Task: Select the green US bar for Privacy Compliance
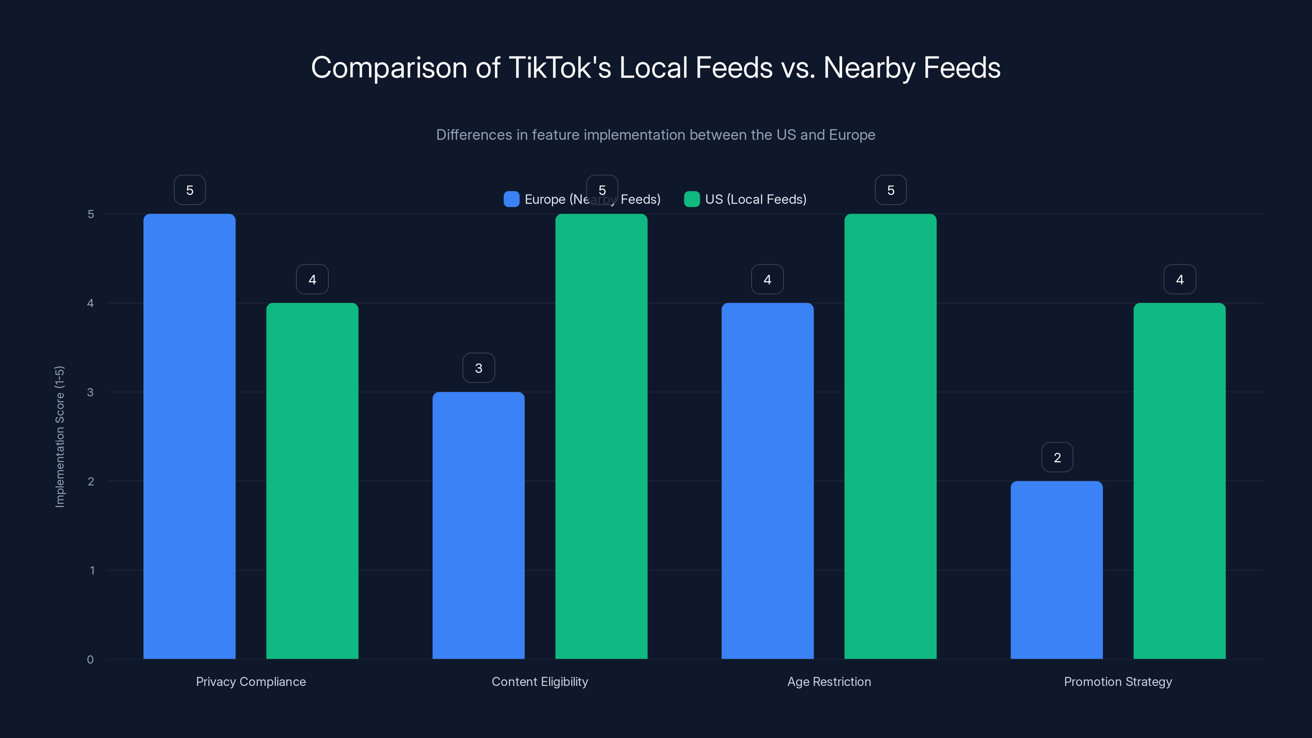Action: tap(312, 481)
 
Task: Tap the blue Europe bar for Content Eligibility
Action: tap(478, 525)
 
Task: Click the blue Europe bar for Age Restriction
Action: tap(768, 481)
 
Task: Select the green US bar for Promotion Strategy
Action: tap(1180, 481)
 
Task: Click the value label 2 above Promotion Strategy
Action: tap(1057, 458)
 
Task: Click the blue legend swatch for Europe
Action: tap(511, 199)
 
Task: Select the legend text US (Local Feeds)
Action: tap(756, 199)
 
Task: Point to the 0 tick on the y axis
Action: tap(90, 660)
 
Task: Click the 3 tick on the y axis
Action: tap(90, 392)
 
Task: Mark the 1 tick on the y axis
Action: tap(92, 570)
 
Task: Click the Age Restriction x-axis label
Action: tap(829, 681)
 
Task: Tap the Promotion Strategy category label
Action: tap(1118, 681)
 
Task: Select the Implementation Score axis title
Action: tap(59, 437)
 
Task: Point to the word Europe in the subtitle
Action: tap(852, 134)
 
